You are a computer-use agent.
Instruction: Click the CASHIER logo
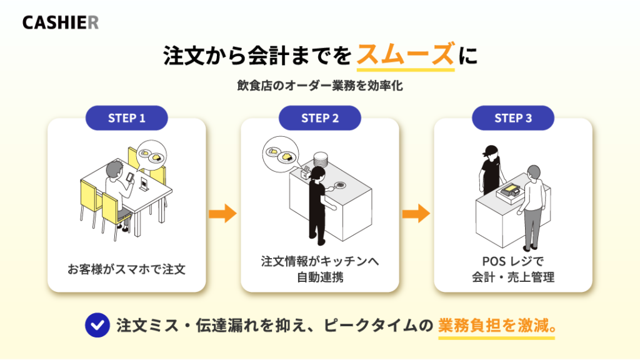61,22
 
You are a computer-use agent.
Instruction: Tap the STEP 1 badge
126,118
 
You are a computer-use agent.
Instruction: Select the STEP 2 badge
319,118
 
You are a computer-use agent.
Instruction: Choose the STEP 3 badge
513,118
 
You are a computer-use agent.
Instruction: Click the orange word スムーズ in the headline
405,55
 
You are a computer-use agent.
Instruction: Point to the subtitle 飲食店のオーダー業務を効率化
320,86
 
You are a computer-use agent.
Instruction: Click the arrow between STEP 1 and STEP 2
223,214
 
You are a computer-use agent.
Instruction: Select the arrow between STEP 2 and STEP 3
416,214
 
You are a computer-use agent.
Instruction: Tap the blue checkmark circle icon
97,325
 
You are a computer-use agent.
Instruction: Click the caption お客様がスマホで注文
126,269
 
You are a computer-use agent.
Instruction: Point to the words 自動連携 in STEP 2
320,277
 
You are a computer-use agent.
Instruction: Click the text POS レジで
513,261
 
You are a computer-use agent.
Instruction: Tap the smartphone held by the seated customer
130,177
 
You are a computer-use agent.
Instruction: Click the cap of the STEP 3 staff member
490,150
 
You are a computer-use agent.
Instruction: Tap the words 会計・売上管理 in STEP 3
513,277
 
